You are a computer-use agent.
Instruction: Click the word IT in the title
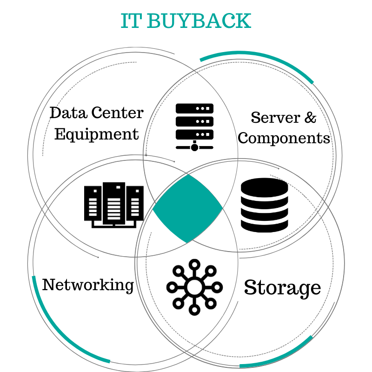point(131,21)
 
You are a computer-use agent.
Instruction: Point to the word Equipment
point(97,134)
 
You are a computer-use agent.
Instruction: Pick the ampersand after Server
point(310,117)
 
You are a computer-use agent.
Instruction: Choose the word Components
point(284,138)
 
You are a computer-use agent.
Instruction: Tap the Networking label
point(88,284)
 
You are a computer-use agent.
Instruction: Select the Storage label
point(282,287)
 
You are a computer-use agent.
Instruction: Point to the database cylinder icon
point(264,205)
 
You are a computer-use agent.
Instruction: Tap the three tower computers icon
point(113,205)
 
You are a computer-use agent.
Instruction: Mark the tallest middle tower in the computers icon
point(113,203)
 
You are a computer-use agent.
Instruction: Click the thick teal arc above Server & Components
point(260,60)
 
